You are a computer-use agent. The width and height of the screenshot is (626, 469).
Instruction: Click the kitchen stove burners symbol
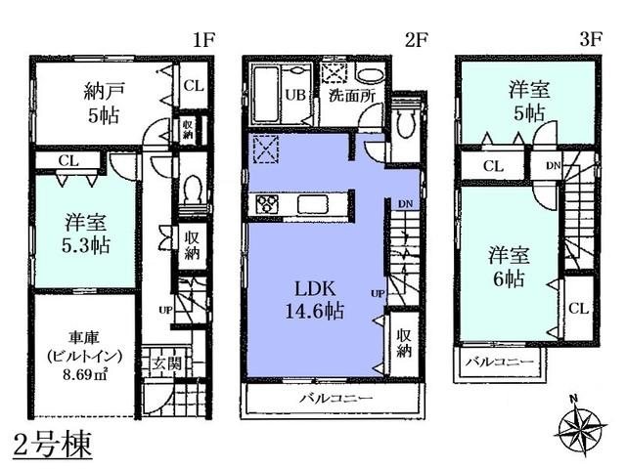tap(267, 204)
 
